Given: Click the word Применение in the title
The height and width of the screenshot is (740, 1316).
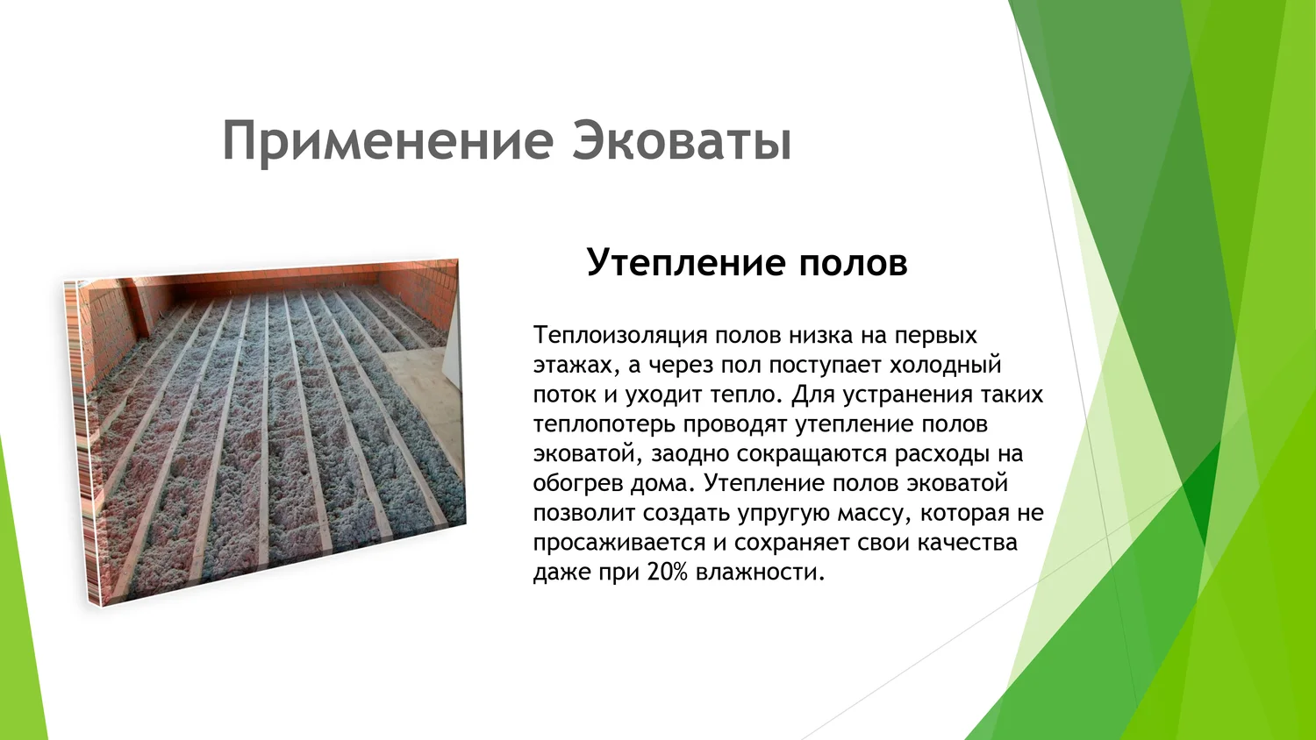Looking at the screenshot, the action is point(388,142).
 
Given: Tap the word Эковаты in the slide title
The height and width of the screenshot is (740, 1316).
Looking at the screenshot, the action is point(683,141).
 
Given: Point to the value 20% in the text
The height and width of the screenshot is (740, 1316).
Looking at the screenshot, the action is point(667,572).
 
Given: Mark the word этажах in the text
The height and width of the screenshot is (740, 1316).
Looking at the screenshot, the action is point(576,366).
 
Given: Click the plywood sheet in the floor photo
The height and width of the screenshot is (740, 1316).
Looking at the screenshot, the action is point(418,399).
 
